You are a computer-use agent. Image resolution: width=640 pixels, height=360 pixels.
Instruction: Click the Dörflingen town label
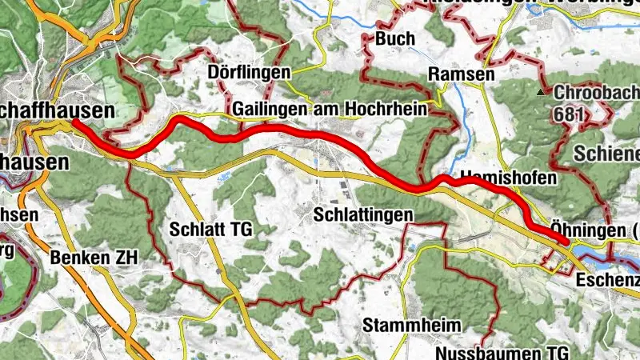[x=250, y=73]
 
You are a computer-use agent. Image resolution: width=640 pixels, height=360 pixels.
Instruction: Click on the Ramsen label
[x=457, y=74]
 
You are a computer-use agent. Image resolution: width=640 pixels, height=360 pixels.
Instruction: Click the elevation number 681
[x=567, y=114]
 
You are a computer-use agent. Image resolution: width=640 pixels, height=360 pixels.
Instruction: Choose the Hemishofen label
[x=507, y=178]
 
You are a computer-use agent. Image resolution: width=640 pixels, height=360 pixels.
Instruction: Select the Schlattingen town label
[x=364, y=214]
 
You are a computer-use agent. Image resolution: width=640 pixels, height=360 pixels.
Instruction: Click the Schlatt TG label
[x=211, y=230]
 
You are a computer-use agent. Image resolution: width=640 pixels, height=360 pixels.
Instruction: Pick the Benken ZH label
[x=94, y=258]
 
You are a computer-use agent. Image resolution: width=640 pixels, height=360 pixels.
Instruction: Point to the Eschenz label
[x=607, y=280]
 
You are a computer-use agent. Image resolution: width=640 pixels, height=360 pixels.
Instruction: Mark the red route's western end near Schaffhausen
[x=74, y=122]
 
